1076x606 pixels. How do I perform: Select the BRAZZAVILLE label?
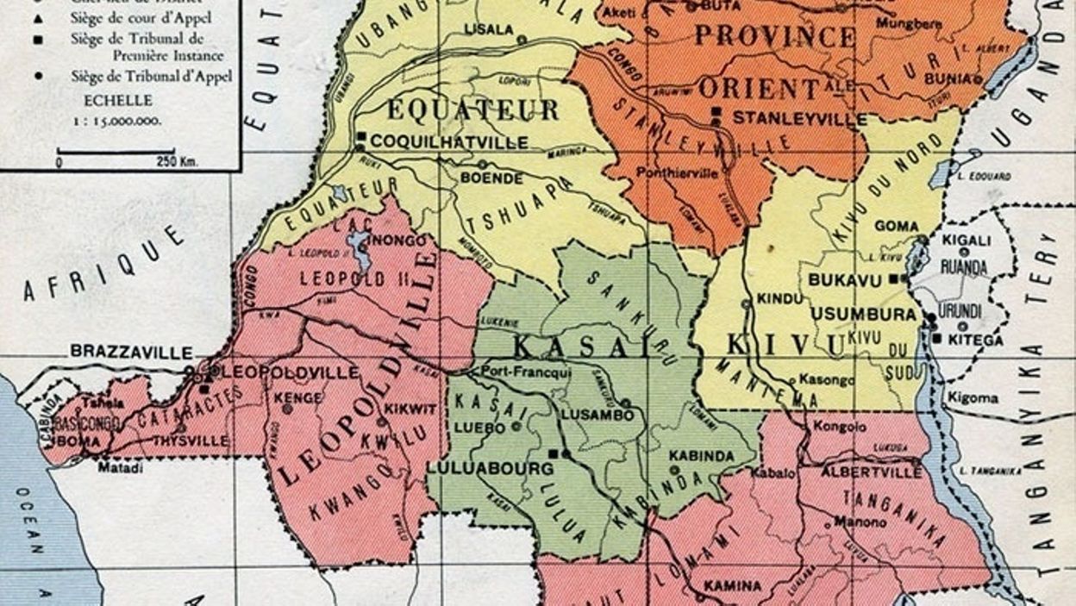131,352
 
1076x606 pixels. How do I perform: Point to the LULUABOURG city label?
489,469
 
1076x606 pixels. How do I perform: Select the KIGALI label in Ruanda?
960,241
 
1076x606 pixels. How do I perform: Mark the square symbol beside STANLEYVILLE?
716,112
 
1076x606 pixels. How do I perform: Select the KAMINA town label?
732,586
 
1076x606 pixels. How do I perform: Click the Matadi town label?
120,467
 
